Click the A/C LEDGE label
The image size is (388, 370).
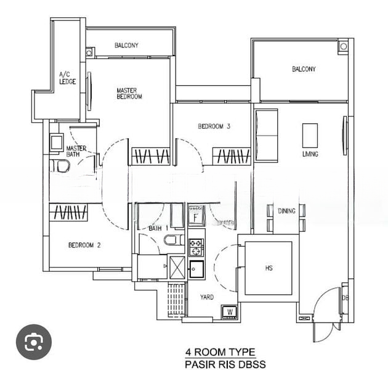click(x=67, y=78)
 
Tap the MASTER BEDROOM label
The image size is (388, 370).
click(x=129, y=94)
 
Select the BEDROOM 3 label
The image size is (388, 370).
click(x=214, y=126)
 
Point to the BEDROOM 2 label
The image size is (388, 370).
click(x=84, y=245)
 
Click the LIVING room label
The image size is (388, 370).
click(x=310, y=154)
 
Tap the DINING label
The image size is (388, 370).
click(x=287, y=211)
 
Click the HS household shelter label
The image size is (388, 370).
click(x=269, y=268)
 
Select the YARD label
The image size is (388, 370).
click(x=207, y=297)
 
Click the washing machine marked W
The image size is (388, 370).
click(x=230, y=312)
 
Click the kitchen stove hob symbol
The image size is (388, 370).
click(x=196, y=247)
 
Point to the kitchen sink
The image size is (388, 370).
click(x=197, y=269)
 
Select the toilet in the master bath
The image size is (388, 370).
click(x=60, y=166)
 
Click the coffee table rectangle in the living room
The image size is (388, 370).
click(x=310, y=135)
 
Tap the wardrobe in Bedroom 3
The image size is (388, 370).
click(x=232, y=157)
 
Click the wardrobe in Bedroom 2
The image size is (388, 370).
click(x=68, y=212)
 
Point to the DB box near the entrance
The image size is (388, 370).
click(x=345, y=298)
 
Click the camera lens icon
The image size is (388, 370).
click(x=34, y=342)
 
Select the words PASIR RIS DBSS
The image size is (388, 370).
click(x=225, y=364)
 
